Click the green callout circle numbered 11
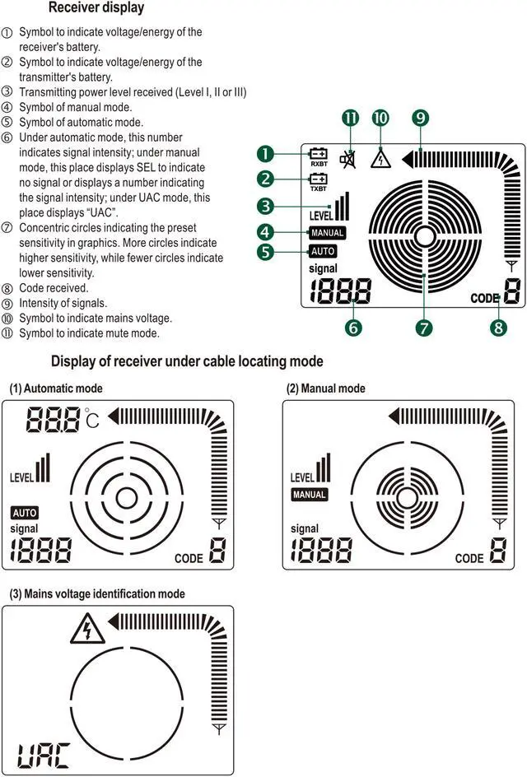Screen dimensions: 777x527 351,119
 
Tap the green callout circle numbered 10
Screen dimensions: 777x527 380,119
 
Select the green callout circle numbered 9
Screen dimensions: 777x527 421,119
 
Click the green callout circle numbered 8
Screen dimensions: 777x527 497,327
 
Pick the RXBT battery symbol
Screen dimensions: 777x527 318,155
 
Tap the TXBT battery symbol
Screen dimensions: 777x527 318,180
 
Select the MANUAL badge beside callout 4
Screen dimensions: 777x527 327,233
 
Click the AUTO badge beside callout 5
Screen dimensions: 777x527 322,251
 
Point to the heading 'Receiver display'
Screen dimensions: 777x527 96,8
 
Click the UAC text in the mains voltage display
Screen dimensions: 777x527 43,753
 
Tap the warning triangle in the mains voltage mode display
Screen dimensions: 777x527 83,631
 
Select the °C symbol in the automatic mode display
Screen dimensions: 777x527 91,421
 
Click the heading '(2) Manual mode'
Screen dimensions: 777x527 325,388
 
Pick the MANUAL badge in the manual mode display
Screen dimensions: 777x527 310,495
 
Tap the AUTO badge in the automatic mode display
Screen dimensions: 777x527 24,513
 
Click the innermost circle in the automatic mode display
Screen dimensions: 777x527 126,498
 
